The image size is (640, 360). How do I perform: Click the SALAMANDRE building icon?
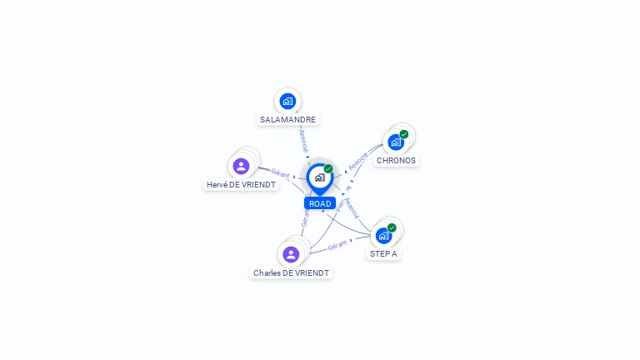[x=287, y=101]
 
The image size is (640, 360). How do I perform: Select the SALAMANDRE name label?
[x=287, y=120]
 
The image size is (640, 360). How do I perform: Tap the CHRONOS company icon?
[x=395, y=142]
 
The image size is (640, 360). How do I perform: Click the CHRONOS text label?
[x=396, y=161]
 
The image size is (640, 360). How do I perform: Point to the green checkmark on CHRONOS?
[x=404, y=134]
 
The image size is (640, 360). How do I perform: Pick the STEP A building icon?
[x=383, y=235]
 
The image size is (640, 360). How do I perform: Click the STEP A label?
[x=383, y=253]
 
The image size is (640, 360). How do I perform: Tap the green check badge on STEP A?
[x=392, y=227]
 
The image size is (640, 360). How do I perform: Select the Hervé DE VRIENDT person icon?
[x=241, y=166]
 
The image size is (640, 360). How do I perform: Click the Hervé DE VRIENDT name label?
[x=242, y=185]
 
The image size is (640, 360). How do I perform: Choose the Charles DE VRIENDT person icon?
[x=291, y=254]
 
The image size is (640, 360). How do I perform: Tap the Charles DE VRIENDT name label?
[x=292, y=273]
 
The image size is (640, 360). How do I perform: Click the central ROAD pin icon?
[x=319, y=177]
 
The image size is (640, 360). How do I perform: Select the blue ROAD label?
[x=320, y=203]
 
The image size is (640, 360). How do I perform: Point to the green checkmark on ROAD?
[x=328, y=169]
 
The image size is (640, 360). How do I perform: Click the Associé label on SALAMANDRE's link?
[x=303, y=140]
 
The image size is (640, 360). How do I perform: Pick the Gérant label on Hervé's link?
[x=280, y=173]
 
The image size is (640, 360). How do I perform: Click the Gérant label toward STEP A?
[x=337, y=246]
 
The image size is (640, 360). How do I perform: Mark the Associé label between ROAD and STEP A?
[x=352, y=206]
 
